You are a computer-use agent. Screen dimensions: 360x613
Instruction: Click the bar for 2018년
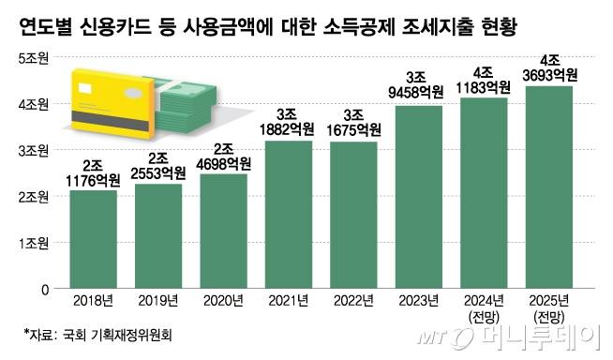(x=93, y=239)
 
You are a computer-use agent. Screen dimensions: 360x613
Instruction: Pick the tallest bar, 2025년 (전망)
(x=549, y=187)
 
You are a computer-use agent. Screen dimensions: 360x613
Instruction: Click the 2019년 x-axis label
(x=157, y=302)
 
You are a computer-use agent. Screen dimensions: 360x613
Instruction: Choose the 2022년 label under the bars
(x=354, y=302)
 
